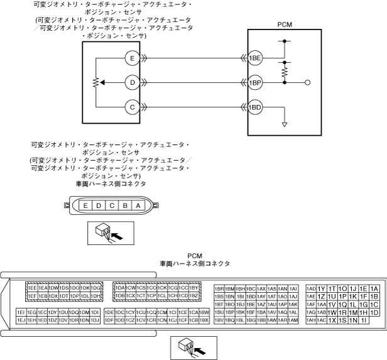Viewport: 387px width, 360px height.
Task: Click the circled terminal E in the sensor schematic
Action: click(132, 58)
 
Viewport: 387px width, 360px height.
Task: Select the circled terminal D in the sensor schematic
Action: click(132, 82)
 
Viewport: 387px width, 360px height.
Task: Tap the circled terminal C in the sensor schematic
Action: click(132, 106)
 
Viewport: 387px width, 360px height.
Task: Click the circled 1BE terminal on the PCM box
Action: click(254, 58)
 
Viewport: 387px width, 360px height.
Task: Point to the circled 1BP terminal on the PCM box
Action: click(254, 82)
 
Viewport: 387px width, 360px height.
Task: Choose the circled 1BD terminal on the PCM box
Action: click(254, 107)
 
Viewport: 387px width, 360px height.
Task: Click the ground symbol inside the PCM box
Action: click(285, 124)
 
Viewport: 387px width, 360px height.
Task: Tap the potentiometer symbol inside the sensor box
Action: click(96, 82)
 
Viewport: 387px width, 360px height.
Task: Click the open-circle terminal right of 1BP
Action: click(308, 82)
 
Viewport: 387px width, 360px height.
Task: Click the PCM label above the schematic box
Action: click(285, 26)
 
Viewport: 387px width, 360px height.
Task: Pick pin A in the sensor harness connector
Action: click(137, 205)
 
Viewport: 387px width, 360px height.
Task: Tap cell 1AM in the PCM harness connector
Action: click(293, 320)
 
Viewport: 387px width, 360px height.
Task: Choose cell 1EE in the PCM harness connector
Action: click(31, 288)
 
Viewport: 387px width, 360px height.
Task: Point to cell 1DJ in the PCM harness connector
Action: click(95, 320)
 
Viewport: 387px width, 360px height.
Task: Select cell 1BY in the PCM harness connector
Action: click(194, 288)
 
